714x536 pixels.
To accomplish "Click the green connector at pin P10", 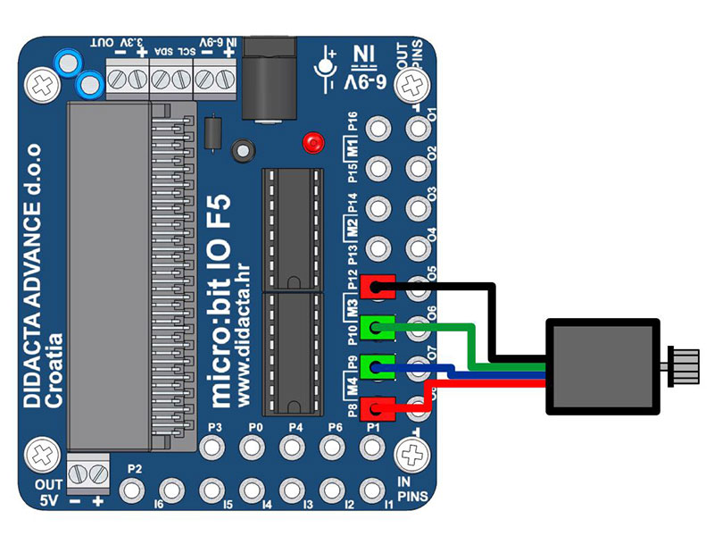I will pos(378,328).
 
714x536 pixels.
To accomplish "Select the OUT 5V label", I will pos(46,492).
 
